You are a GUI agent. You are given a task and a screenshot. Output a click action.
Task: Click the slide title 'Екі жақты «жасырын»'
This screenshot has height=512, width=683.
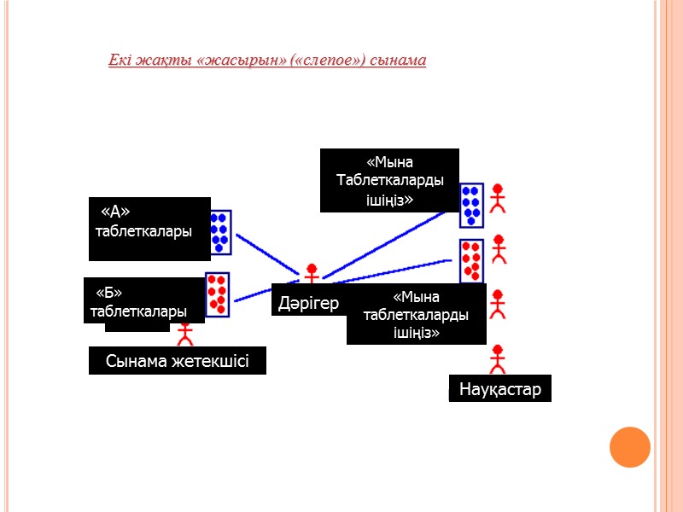coord(266,61)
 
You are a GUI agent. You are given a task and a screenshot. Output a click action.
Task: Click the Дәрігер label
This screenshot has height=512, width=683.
coord(308,303)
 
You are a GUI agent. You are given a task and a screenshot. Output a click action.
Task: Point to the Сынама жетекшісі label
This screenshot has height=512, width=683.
coord(178,361)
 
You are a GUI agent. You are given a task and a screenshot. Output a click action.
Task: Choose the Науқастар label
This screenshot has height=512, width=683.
coord(500,389)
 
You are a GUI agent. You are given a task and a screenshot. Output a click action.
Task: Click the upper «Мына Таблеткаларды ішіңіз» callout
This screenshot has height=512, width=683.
coord(389,181)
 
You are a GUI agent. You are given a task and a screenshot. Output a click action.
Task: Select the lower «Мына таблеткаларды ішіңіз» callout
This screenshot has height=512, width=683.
coord(417,314)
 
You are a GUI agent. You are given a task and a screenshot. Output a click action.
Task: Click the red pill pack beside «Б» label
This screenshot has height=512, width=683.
coord(217,294)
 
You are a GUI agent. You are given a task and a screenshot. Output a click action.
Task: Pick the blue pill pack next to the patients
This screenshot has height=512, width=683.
coord(471,205)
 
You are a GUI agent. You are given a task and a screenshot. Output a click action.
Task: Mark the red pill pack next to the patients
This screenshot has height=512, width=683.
coord(471,260)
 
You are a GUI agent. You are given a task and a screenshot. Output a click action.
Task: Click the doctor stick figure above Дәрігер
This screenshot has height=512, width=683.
coord(312,273)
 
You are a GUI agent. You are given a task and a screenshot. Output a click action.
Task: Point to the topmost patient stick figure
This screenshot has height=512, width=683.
coord(498,197)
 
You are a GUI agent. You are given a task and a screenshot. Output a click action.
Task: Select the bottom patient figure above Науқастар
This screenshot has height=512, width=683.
coord(497,358)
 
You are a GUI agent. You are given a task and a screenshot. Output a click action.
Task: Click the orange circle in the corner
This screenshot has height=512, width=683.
coord(630,446)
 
